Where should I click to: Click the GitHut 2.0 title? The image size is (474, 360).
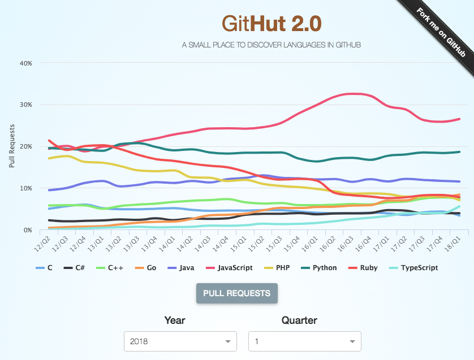(x=271, y=23)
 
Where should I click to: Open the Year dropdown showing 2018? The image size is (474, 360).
(x=180, y=341)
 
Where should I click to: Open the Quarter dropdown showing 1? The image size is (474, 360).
(x=304, y=341)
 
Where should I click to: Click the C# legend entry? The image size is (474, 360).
(x=79, y=268)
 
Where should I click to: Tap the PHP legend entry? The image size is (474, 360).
(x=282, y=268)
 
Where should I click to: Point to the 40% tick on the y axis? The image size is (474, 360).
(x=25, y=63)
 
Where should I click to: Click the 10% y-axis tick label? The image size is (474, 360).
(x=25, y=188)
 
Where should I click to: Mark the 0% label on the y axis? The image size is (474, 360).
(x=27, y=230)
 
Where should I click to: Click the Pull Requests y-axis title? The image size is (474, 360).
(x=12, y=146)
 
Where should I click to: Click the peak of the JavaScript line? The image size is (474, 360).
(x=354, y=93)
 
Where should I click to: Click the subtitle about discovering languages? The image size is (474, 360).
(x=271, y=45)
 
